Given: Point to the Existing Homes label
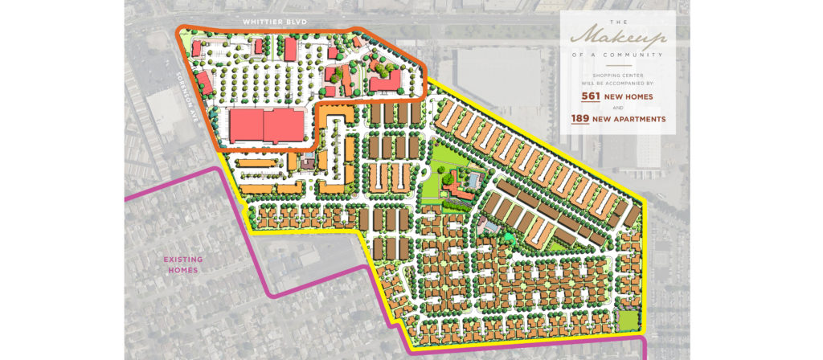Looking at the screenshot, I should coord(183,264).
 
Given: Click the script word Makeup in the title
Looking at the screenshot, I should coord(617,39).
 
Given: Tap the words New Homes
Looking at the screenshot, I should coord(628,96).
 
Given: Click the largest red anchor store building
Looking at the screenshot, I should coord(267,126).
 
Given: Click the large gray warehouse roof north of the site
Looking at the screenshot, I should coord(494,75).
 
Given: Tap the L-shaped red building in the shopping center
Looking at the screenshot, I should coord(387,80).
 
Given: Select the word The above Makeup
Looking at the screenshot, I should coord(618,22).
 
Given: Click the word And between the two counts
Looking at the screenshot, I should coord(618,108).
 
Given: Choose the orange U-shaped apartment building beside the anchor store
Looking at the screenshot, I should coord(338,121).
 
